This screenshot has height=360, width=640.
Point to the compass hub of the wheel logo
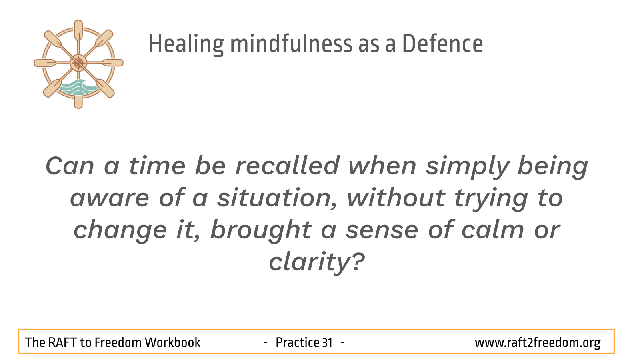pyautogui.click(x=78, y=63)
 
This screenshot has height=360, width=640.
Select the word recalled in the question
pyautogui.click(x=287, y=166)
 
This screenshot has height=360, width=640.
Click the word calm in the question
pyautogui.click(x=492, y=230)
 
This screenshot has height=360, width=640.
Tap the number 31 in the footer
pyautogui.click(x=327, y=342)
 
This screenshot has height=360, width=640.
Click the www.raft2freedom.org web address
pyautogui.click(x=538, y=343)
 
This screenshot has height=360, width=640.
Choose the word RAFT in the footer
pyautogui.click(x=62, y=342)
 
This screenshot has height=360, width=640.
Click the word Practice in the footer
pyautogui.click(x=297, y=342)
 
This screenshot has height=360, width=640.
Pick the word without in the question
pyautogui.click(x=396, y=198)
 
